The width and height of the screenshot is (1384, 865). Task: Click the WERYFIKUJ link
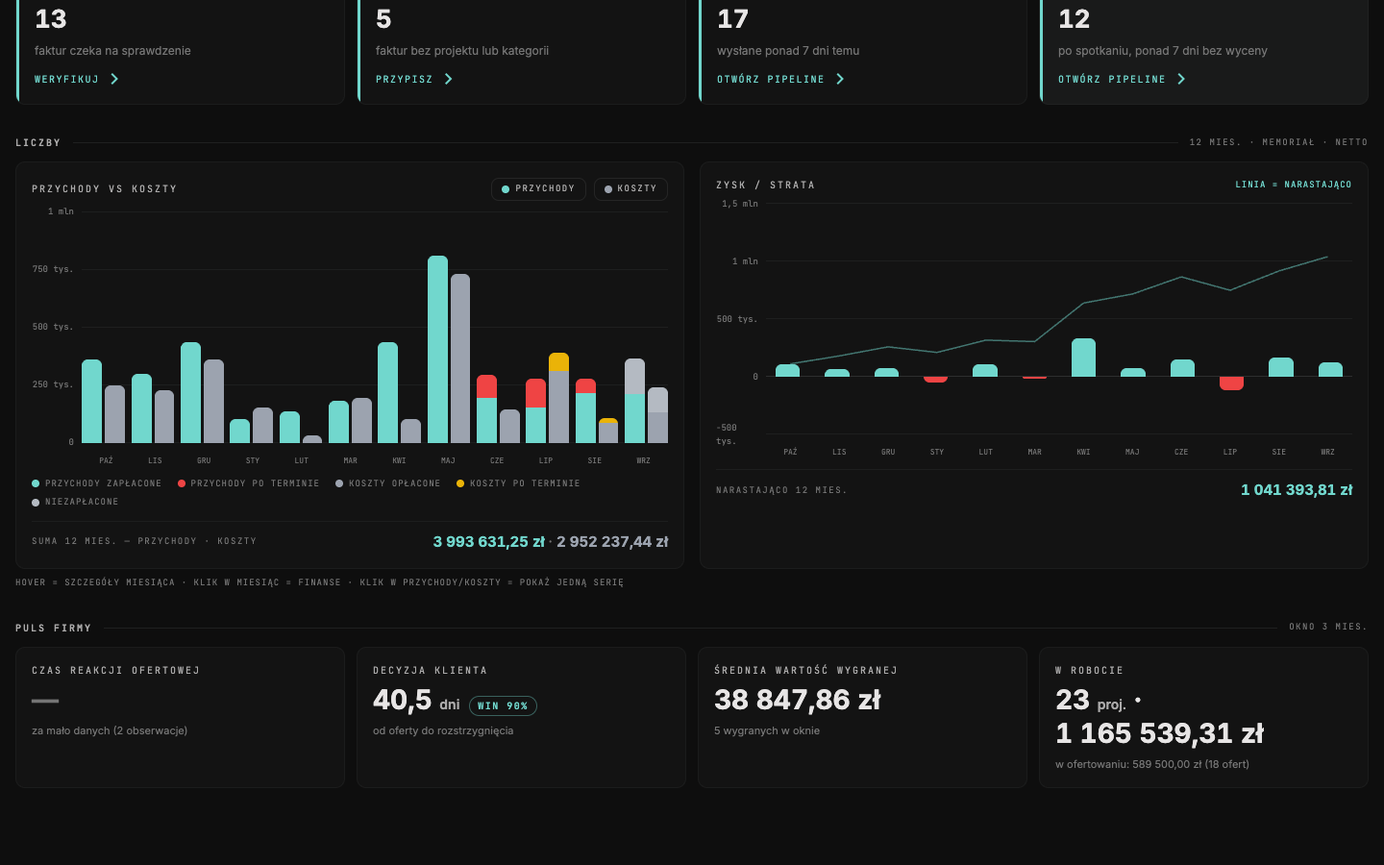[x=76, y=79]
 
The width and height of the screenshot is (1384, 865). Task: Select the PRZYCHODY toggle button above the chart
[x=538, y=189]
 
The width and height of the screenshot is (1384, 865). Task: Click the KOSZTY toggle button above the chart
[x=630, y=189]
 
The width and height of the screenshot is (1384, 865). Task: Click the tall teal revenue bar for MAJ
[x=437, y=349]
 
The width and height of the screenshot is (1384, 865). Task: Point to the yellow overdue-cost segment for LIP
[x=558, y=362]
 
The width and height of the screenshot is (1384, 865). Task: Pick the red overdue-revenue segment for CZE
[x=487, y=386]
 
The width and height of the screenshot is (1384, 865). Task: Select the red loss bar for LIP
[x=1231, y=383]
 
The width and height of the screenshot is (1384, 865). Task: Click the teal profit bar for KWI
[x=1083, y=358]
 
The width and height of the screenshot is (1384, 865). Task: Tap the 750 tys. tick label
[x=53, y=269]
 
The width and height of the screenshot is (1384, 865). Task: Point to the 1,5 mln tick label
[x=740, y=204]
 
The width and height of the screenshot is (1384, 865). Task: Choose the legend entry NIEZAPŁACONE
[x=75, y=502]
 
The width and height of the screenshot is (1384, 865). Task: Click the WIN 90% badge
[x=503, y=705]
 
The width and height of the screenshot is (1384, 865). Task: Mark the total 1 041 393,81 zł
[x=1297, y=490]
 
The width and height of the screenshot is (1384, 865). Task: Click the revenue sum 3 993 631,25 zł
[x=488, y=542]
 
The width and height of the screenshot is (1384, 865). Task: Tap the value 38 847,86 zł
[x=797, y=700]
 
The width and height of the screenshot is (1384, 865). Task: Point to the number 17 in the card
[x=732, y=18]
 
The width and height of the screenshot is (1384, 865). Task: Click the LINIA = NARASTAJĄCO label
[x=1294, y=185]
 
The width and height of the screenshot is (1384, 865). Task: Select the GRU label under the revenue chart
[x=204, y=460]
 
